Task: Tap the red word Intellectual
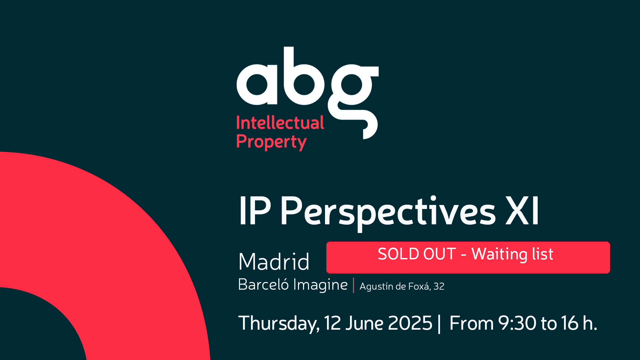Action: [280, 123]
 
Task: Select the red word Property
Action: [271, 142]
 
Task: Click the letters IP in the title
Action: [255, 211]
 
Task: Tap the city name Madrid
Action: [274, 261]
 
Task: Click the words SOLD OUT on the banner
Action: [417, 254]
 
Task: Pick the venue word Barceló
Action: [263, 285]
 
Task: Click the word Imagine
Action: [320, 285]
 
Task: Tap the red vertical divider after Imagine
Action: [353, 285]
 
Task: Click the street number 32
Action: [439, 286]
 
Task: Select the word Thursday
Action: [279, 323]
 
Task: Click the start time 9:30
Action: [517, 323]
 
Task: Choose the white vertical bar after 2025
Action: [439, 324]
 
